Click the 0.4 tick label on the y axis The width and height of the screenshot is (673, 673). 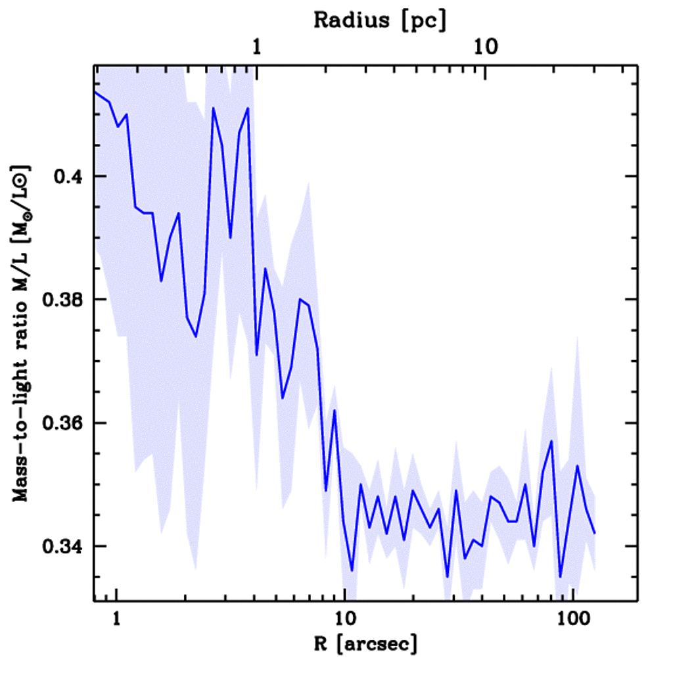67,177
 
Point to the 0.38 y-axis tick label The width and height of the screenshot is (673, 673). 63,300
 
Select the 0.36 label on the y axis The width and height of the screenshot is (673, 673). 63,423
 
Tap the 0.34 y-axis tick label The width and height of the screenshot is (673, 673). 63,546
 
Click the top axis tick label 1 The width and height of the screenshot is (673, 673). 257,47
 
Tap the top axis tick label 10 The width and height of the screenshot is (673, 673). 485,47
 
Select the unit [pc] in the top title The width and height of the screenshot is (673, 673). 424,20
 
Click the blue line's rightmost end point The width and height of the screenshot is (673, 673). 595,533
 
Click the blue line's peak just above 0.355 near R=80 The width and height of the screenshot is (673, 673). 551,441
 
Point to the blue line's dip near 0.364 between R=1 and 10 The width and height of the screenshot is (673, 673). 283,398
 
